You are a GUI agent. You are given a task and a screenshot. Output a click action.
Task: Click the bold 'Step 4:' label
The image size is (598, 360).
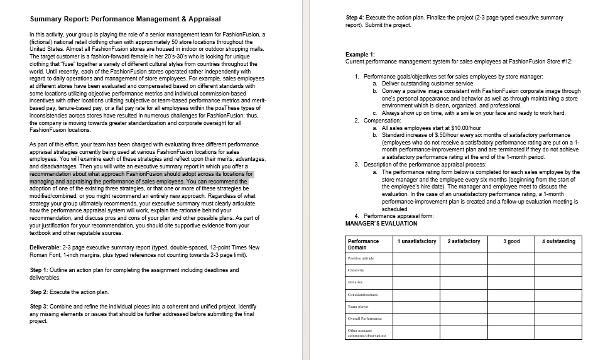(357, 18)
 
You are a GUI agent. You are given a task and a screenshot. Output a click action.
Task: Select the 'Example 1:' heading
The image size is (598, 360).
(360, 55)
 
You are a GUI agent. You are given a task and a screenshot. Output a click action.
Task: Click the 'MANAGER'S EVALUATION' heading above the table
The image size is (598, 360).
(381, 223)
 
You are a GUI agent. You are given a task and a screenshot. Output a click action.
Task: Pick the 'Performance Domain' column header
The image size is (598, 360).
(363, 244)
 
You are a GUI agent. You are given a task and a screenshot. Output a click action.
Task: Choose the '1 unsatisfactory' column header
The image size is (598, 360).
(416, 241)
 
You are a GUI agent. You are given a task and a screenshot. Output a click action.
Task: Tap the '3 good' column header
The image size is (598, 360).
(512, 241)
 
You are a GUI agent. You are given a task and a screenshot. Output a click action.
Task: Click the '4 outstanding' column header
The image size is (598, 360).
(558, 241)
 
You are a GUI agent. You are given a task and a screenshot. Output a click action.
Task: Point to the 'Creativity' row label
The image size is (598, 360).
(356, 270)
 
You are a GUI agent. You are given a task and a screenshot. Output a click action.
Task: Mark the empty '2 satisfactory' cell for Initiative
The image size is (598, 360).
(464, 282)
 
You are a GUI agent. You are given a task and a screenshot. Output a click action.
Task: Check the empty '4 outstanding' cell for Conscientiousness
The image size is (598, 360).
(558, 295)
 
